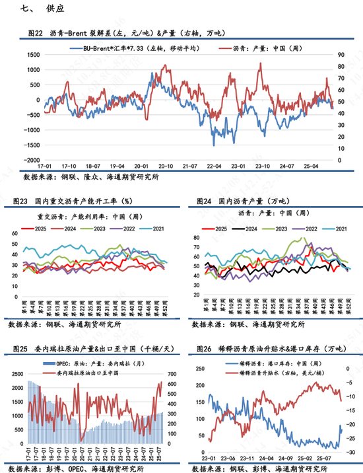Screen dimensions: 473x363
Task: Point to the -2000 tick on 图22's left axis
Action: point(30,160)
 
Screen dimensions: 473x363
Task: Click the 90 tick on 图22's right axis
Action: point(341,56)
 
